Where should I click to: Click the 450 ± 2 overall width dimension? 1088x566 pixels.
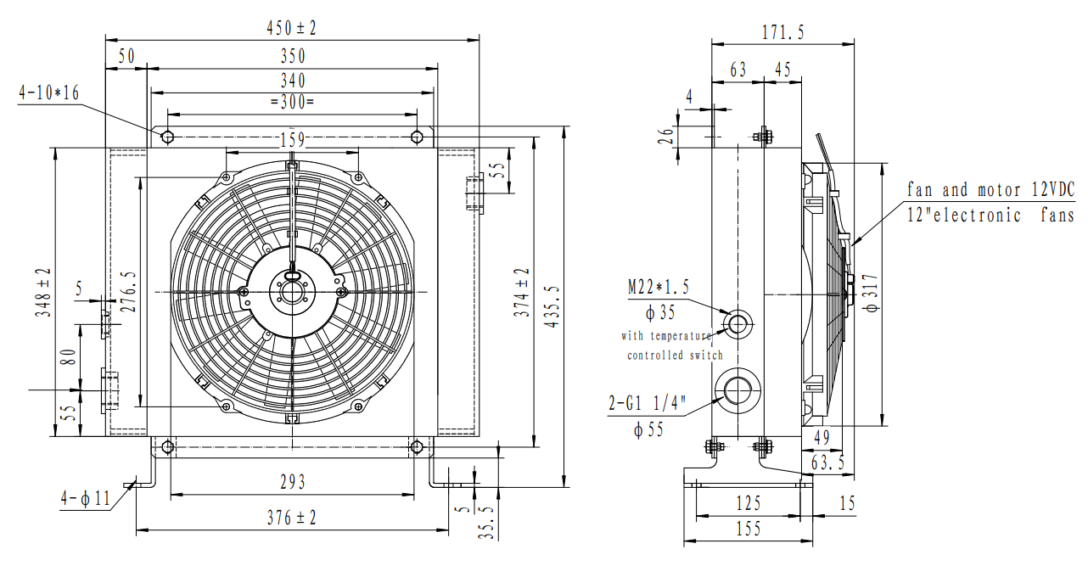[291, 28]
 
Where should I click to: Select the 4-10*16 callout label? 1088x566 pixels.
[48, 92]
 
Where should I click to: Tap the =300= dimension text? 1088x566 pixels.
[292, 102]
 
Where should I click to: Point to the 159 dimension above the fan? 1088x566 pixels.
[292, 139]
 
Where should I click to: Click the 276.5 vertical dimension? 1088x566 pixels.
[129, 293]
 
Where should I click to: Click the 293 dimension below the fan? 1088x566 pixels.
[292, 482]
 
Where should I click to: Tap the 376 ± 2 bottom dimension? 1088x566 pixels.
[292, 518]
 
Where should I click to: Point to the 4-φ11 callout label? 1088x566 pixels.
[86, 499]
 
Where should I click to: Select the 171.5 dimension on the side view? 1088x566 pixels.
[782, 33]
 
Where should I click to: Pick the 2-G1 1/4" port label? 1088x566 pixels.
[647, 405]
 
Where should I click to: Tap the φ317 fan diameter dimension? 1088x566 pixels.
[867, 294]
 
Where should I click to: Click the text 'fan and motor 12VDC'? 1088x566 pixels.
[990, 189]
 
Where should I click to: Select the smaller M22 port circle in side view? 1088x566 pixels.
[737, 322]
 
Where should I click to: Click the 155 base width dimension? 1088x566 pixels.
[748, 529]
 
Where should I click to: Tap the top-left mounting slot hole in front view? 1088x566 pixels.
[168, 137]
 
